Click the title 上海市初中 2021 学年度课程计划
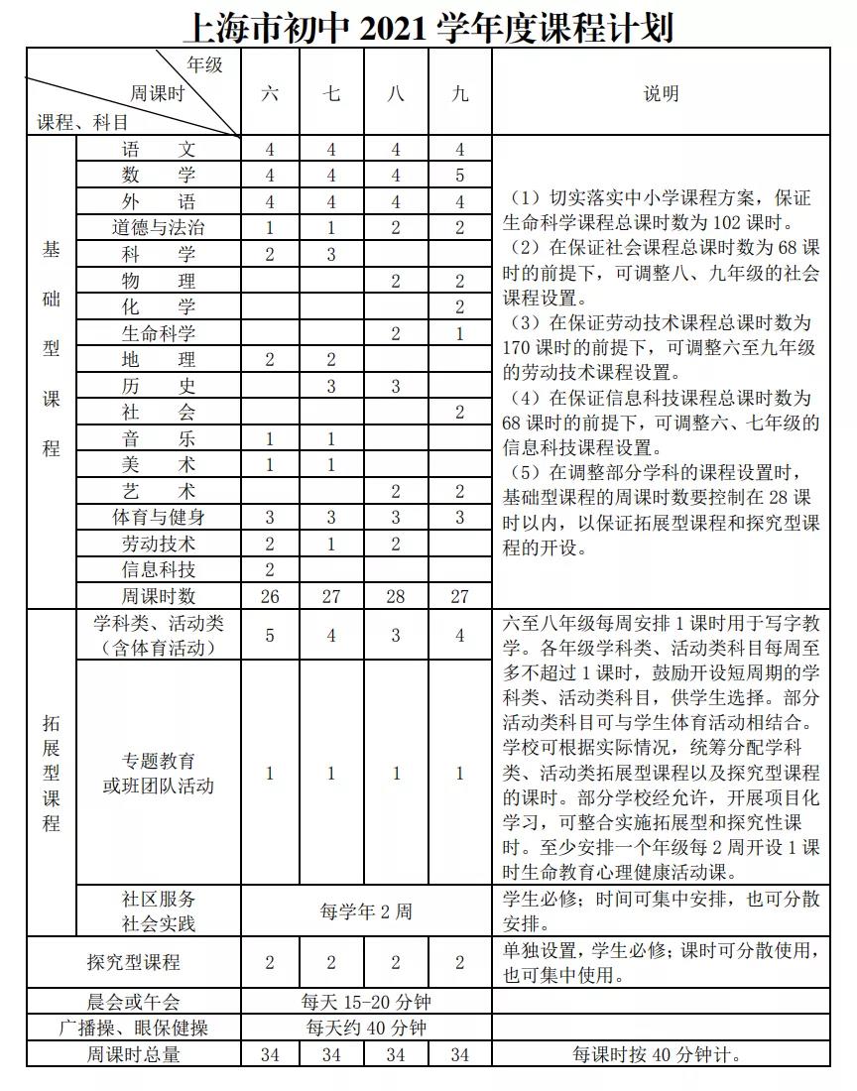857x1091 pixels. point(428,27)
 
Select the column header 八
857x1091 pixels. point(396,94)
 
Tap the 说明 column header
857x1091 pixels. point(661,94)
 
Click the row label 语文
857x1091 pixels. point(159,149)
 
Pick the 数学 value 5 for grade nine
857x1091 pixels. point(459,176)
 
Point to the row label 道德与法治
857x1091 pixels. point(159,227)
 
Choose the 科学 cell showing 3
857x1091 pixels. point(331,254)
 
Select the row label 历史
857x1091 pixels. point(159,386)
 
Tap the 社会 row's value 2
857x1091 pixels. point(459,413)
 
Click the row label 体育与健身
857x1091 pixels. point(159,517)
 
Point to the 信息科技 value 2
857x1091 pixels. point(270,569)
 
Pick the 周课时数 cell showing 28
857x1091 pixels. point(396,596)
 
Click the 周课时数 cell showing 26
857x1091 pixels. point(270,596)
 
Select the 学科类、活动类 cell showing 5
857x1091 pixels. point(270,636)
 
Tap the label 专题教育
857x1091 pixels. point(159,762)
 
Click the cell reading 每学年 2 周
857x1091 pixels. point(365,910)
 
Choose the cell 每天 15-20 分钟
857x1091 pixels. point(365,1002)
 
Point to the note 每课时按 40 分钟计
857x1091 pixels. point(661,1054)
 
